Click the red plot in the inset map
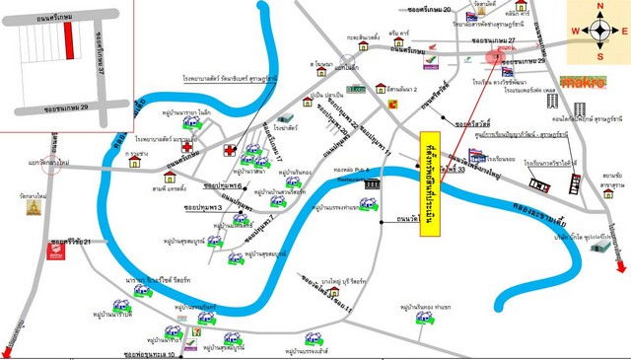tap(68, 39)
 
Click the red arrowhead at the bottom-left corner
tap(7, 353)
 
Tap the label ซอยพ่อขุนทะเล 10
tap(144, 352)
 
